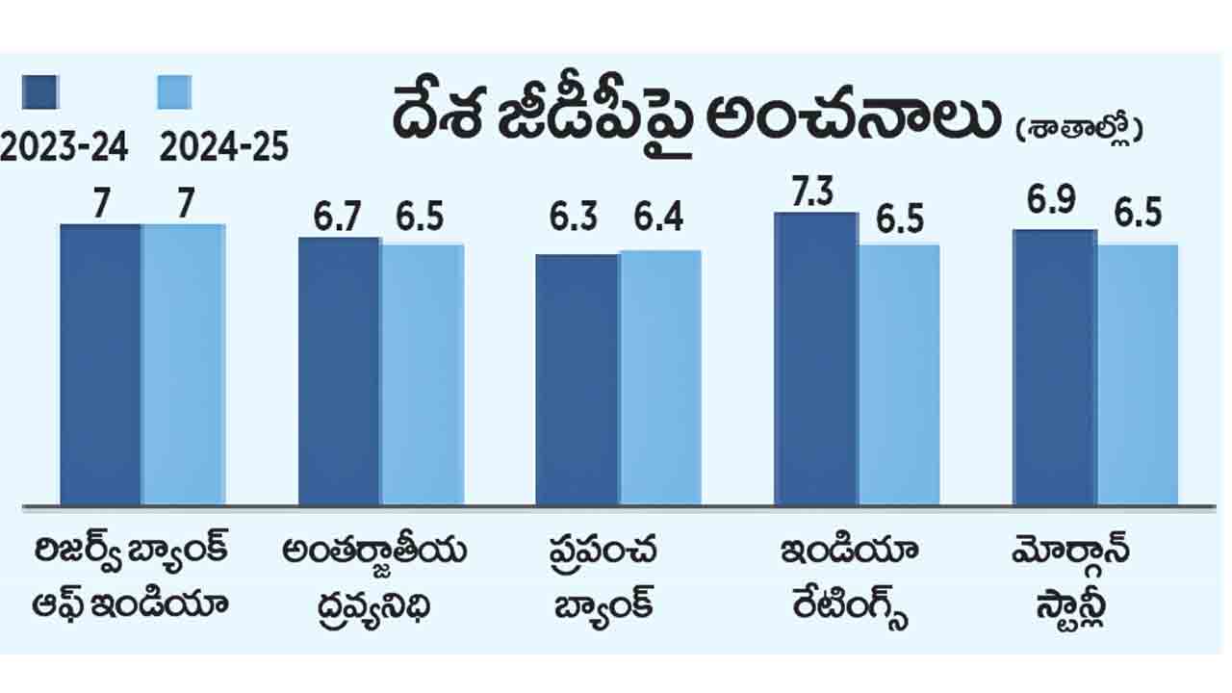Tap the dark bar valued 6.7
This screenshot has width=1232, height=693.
point(339,371)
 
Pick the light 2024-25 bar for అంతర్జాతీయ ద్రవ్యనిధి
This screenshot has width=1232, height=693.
point(422,374)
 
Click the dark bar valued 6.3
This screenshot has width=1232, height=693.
point(577,379)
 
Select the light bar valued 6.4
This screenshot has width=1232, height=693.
point(659,377)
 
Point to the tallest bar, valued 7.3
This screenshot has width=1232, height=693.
point(815,358)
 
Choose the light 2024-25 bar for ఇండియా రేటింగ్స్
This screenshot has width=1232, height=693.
point(898,374)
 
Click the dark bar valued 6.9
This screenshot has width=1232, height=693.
point(1054,367)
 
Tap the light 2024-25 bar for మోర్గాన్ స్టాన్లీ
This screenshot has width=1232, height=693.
point(1137,374)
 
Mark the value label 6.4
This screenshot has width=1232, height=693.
point(659,218)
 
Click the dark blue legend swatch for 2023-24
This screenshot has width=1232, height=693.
point(40,92)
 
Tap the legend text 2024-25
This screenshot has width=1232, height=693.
point(223,147)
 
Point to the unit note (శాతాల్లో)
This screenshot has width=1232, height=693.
point(1078,128)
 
